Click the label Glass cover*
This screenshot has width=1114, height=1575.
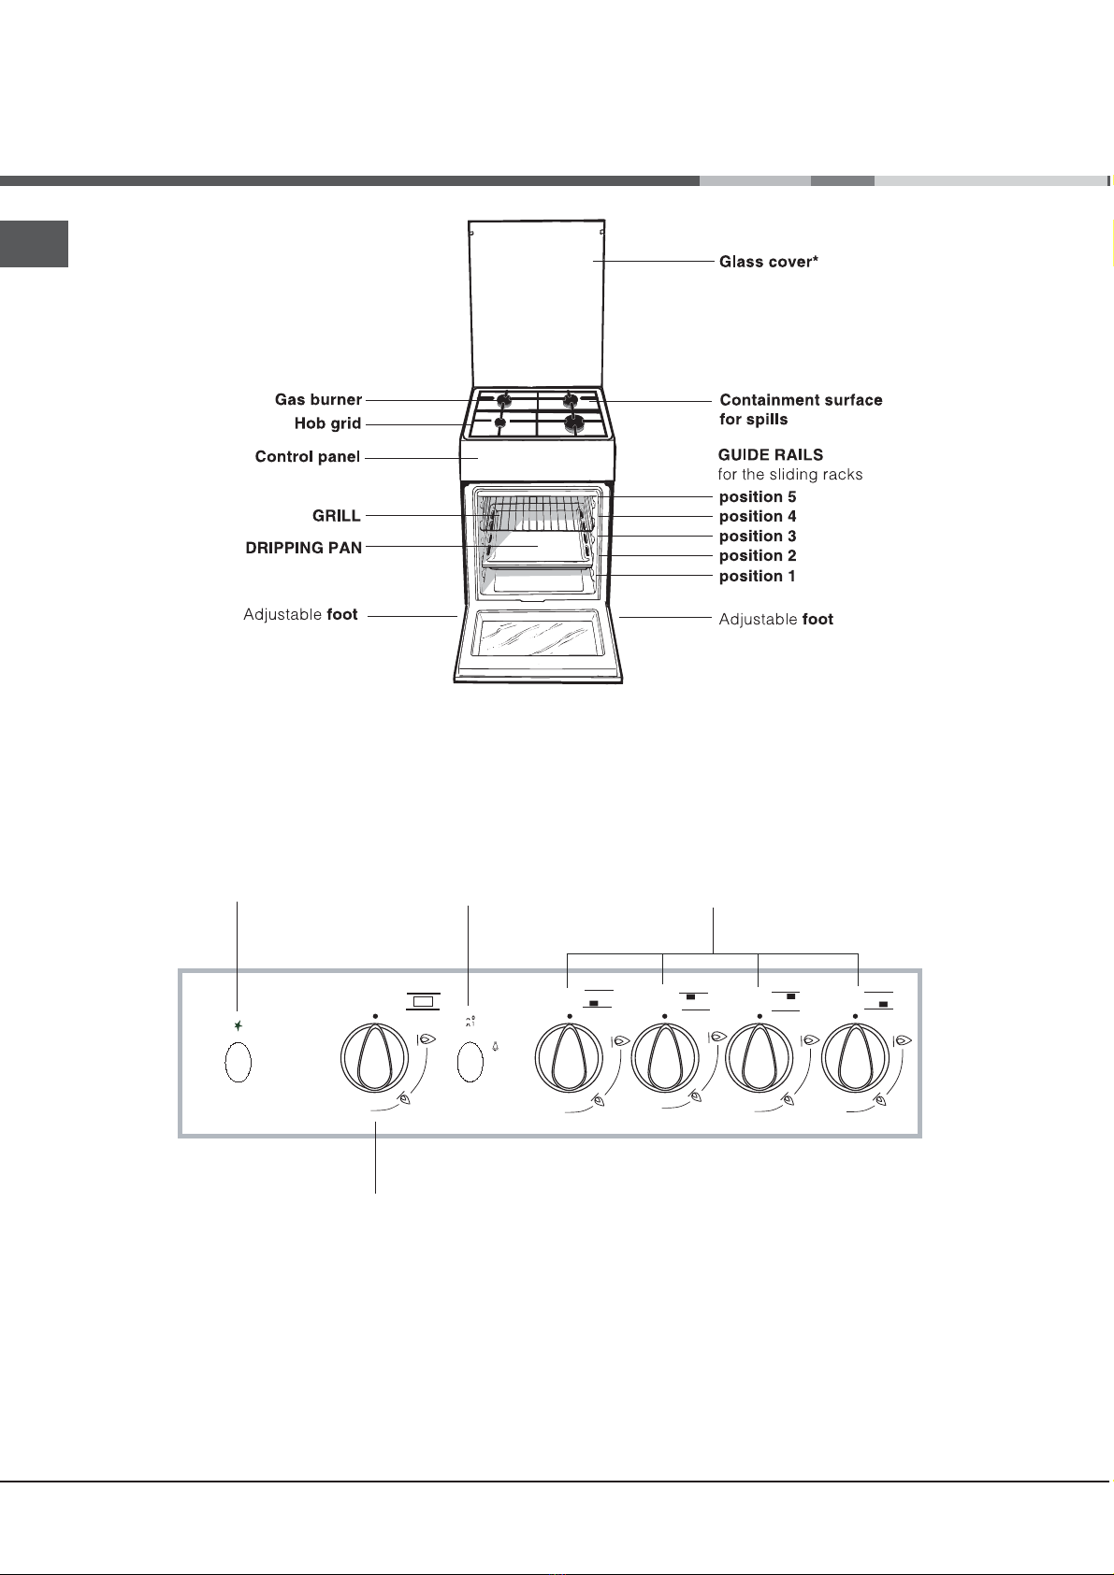point(769,262)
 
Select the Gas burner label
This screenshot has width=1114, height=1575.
point(318,399)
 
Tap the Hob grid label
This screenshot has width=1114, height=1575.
point(327,423)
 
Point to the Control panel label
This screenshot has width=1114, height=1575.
point(308,457)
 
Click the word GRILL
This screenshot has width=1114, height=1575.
point(337,516)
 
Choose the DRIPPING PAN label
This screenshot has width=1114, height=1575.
point(303,548)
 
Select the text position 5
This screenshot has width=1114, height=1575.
point(758,497)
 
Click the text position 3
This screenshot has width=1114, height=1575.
point(758,537)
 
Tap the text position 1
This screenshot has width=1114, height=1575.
point(758,577)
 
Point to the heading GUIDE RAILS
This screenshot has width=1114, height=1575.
point(771,455)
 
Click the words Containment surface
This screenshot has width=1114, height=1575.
point(801,400)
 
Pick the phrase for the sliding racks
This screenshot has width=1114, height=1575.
point(790,475)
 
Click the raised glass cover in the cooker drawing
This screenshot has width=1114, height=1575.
point(536,305)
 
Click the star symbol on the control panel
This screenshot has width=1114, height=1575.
point(239,1026)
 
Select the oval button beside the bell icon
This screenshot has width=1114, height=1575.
point(470,1062)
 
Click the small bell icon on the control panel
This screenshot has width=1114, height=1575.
point(496,1047)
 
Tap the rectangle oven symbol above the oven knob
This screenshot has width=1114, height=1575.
point(423,1001)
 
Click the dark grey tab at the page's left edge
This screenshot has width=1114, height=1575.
point(34,244)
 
